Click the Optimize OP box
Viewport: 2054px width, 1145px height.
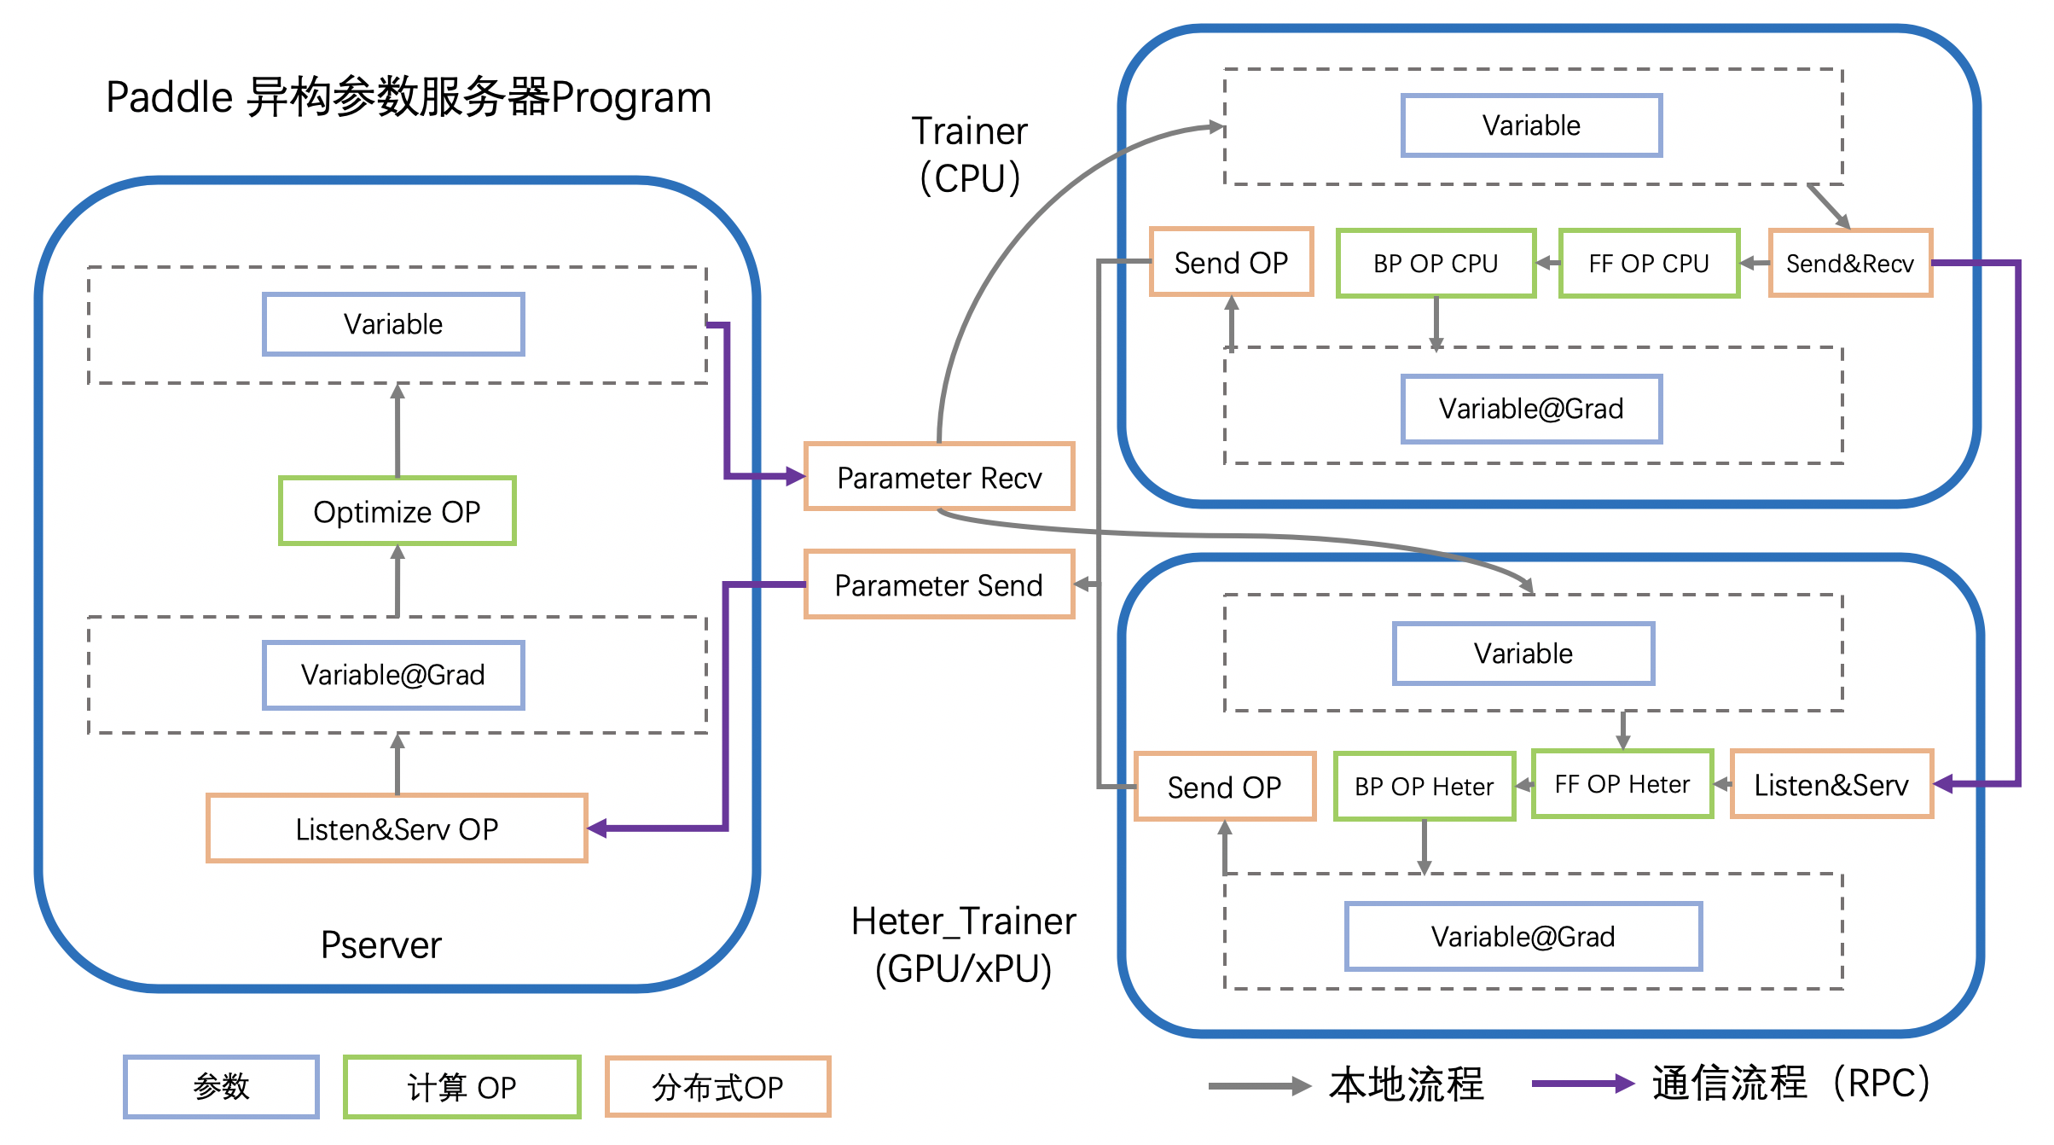[x=397, y=511]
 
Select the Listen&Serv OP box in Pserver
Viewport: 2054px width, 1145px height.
[x=397, y=828]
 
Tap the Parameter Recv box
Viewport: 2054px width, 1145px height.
[x=939, y=477]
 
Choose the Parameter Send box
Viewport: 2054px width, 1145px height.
[x=939, y=584]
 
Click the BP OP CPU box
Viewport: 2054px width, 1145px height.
[x=1436, y=264]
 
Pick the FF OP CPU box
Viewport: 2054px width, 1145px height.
[x=1649, y=264]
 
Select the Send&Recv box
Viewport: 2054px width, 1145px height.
[x=1850, y=264]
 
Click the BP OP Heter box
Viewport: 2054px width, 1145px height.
[x=1424, y=786]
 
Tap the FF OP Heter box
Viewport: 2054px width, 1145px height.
[x=1622, y=784]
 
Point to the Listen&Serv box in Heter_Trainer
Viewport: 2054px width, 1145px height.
[x=1831, y=784]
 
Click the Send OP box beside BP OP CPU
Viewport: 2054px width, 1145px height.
[x=1231, y=263]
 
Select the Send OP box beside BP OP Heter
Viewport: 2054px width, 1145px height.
[x=1225, y=787]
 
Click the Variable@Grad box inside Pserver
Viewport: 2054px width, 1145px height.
[x=393, y=675]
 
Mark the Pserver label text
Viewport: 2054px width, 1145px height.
[x=381, y=944]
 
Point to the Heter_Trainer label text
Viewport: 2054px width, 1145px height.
[x=964, y=921]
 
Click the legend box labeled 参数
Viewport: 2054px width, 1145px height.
[x=221, y=1086]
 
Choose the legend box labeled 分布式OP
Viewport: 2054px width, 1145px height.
[x=717, y=1087]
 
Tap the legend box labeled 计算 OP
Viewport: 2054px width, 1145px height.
[x=461, y=1087]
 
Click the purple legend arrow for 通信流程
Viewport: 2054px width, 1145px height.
[x=1582, y=1084]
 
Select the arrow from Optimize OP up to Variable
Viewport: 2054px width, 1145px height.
[x=397, y=431]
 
